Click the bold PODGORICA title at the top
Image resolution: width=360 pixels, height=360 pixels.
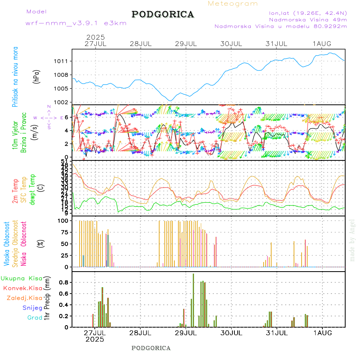[x=163, y=14]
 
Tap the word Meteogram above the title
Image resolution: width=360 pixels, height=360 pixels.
[x=233, y=4]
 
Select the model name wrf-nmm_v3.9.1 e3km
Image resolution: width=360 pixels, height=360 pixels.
[x=76, y=23]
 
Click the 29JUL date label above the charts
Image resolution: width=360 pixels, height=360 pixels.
[x=187, y=44]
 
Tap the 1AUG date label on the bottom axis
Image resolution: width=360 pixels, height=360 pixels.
[x=322, y=332]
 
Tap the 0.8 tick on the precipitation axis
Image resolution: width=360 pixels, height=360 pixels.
[x=64, y=282]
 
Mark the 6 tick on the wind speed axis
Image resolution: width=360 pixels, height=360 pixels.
[x=66, y=117]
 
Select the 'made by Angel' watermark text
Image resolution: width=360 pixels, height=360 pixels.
[x=352, y=240]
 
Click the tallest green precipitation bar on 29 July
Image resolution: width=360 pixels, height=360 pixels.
[x=194, y=300]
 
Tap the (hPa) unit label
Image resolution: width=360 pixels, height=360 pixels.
[x=37, y=76]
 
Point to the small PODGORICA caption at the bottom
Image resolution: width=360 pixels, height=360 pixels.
[x=151, y=348]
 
